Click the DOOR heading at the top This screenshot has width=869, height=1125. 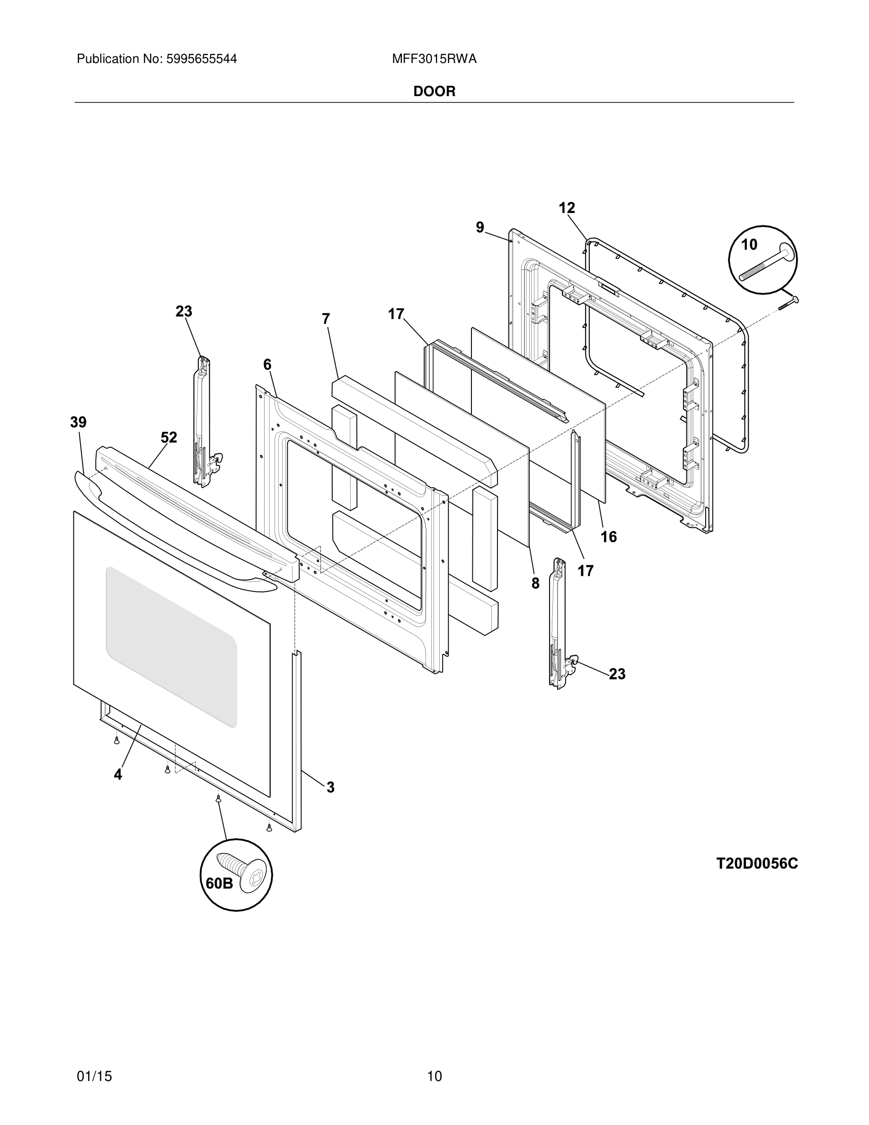pyautogui.click(x=434, y=92)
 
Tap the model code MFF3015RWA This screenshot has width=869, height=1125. pyautogui.click(x=434, y=59)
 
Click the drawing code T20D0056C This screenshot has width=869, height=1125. pyautogui.click(x=757, y=864)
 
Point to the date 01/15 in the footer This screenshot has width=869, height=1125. pyautogui.click(x=94, y=1076)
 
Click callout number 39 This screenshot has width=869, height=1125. pyautogui.click(x=78, y=422)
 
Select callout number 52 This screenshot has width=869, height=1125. pyautogui.click(x=169, y=437)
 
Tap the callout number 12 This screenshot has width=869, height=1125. pyautogui.click(x=567, y=208)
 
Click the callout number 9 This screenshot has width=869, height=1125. pyautogui.click(x=480, y=227)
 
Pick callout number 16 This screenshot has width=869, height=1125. pyautogui.click(x=609, y=537)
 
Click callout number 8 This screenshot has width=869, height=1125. pyautogui.click(x=535, y=583)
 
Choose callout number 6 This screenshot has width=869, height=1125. pyautogui.click(x=267, y=365)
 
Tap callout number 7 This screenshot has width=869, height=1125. pyautogui.click(x=326, y=319)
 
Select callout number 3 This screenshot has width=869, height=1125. pyautogui.click(x=330, y=787)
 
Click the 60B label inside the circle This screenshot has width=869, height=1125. pyautogui.click(x=219, y=884)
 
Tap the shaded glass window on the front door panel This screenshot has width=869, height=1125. pyautogui.click(x=171, y=646)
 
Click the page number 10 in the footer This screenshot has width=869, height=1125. pyautogui.click(x=434, y=1076)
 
